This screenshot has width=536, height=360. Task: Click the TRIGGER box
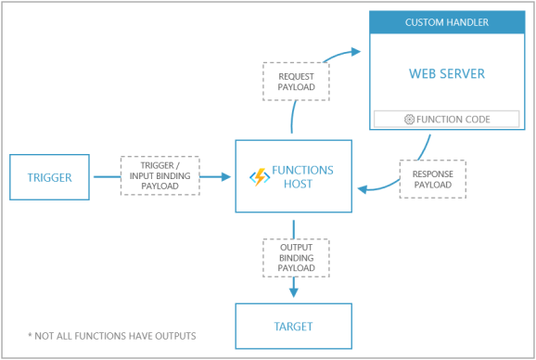(x=50, y=176)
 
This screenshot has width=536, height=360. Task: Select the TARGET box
(x=293, y=326)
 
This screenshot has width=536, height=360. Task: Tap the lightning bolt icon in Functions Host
(x=259, y=176)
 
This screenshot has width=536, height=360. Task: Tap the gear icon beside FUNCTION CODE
(x=410, y=119)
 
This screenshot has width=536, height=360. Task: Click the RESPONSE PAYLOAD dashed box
(x=432, y=178)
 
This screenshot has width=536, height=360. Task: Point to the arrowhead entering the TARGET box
(x=293, y=292)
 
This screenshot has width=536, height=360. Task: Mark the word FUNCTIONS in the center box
(x=302, y=170)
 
